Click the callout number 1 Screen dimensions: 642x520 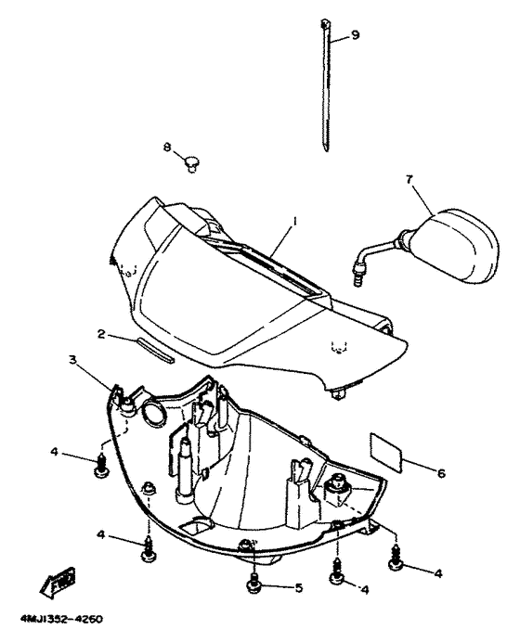click(294, 222)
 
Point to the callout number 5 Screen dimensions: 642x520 click(299, 586)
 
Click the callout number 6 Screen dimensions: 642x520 click(441, 473)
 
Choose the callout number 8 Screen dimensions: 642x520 click(168, 147)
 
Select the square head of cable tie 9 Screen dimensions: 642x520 click(326, 21)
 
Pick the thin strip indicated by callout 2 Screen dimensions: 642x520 click(155, 349)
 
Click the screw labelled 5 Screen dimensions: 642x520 click(253, 582)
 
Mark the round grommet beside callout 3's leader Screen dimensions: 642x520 click(149, 411)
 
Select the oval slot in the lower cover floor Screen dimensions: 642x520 click(197, 526)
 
